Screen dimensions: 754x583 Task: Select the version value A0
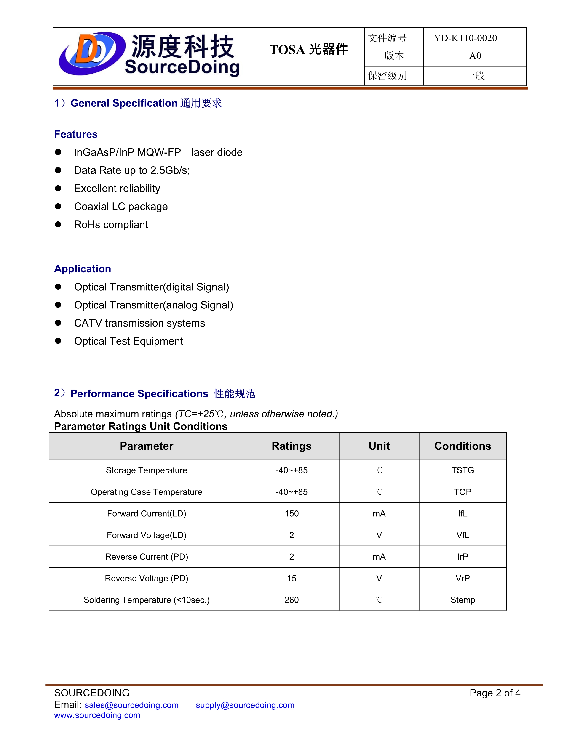(475, 56)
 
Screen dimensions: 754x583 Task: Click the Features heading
(76, 134)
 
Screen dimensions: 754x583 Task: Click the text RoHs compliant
(111, 225)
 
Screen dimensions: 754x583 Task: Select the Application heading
(83, 269)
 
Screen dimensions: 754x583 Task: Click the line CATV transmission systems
(139, 323)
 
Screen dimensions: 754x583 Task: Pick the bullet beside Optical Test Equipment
(58, 341)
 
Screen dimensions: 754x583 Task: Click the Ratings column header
(291, 446)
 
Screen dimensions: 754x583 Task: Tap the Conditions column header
(463, 446)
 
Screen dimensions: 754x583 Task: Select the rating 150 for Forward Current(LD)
(291, 514)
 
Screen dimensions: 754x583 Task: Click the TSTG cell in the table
(463, 470)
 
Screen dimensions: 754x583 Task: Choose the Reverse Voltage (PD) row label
(147, 578)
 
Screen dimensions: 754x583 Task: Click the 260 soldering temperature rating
(291, 600)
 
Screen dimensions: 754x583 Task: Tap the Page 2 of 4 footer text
(495, 693)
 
